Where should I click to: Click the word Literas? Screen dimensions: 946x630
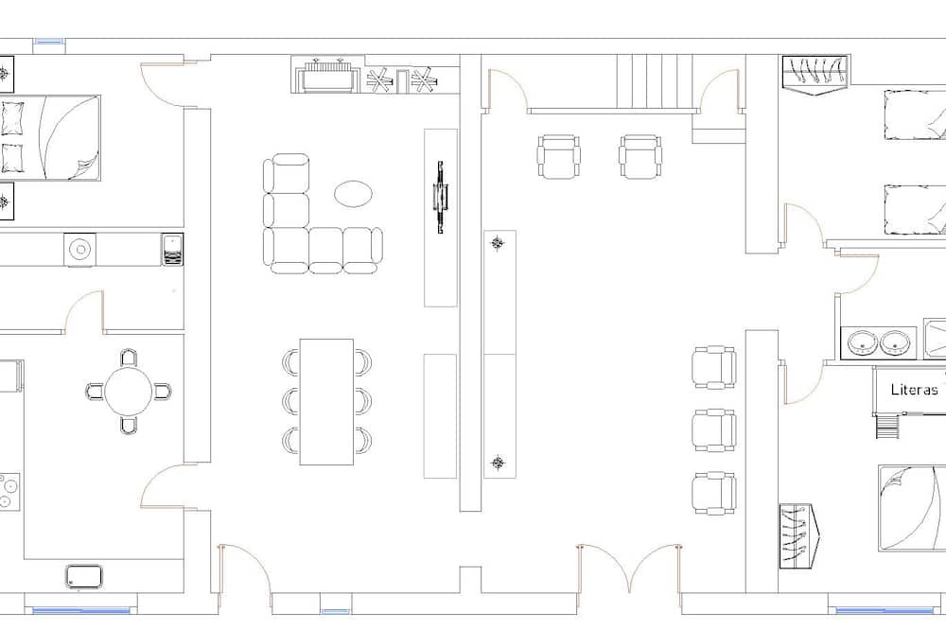click(914, 390)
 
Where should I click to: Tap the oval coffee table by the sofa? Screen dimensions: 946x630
click(353, 194)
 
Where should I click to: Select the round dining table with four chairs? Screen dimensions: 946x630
click(128, 391)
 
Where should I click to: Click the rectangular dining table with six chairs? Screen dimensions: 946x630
click(326, 401)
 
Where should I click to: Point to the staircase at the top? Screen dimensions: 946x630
click(654, 81)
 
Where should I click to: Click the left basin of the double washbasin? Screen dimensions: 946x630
click(862, 342)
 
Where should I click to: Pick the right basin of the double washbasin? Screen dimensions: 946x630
click(894, 342)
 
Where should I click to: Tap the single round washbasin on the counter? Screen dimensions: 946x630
click(79, 249)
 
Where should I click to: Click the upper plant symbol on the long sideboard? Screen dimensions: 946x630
click(498, 243)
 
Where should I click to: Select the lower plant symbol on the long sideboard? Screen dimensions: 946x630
click(498, 463)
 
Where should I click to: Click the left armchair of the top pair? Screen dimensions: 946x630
click(558, 157)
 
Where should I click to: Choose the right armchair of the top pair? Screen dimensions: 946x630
click(640, 157)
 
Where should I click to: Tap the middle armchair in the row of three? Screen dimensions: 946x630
click(713, 430)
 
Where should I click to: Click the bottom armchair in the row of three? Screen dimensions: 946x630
click(713, 493)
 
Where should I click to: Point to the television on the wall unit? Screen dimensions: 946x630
click(441, 197)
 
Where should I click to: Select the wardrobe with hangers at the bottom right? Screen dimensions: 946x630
click(797, 536)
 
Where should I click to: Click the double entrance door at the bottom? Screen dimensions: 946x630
click(629, 569)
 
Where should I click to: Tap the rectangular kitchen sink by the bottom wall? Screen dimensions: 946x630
click(84, 576)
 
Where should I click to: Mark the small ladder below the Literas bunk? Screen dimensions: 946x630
click(887, 427)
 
